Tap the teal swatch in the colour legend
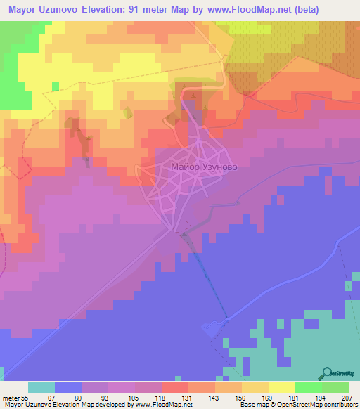tap(41, 387)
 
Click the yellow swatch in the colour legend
tap(281, 387)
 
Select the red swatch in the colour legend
tap(174, 387)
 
